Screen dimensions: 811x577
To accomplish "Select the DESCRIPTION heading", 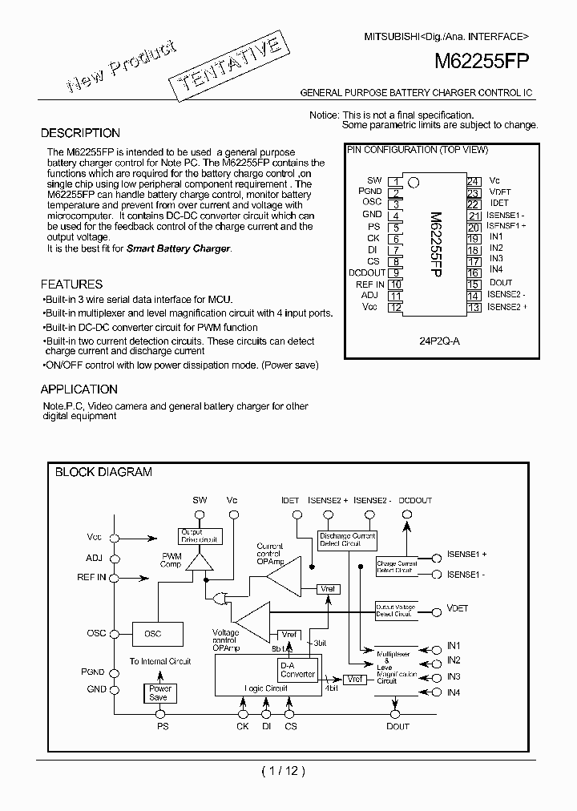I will click(x=80, y=133).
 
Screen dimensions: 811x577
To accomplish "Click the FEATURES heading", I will click(x=71, y=284).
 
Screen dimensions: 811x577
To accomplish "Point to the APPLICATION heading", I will click(x=79, y=389).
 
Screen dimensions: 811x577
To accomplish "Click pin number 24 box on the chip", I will click(x=473, y=182).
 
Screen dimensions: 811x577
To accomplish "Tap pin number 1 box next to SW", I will click(x=395, y=182).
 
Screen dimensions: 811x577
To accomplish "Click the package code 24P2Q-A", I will click(x=439, y=340).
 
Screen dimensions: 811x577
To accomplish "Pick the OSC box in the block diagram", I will click(x=152, y=634).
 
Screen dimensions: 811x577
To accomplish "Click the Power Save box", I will click(x=160, y=692).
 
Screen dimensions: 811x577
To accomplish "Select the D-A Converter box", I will click(x=297, y=669).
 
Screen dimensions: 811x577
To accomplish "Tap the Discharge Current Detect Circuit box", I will click(x=347, y=539).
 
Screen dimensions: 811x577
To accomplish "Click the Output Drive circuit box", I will click(x=199, y=536).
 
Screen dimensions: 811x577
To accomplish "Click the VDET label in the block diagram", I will click(x=457, y=608).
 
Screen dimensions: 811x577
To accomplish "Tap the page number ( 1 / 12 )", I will click(x=284, y=771).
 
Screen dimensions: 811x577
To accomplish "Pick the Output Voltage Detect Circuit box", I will click(x=396, y=611).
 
